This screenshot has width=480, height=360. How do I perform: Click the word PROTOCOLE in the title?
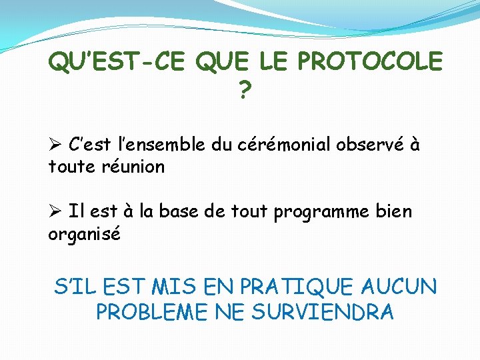pos(369,62)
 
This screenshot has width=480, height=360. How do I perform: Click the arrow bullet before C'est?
pos(55,145)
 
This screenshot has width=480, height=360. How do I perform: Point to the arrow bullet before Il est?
pos(55,212)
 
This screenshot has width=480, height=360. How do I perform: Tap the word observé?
pos(369,145)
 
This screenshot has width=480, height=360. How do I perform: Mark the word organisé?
pos(84,235)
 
